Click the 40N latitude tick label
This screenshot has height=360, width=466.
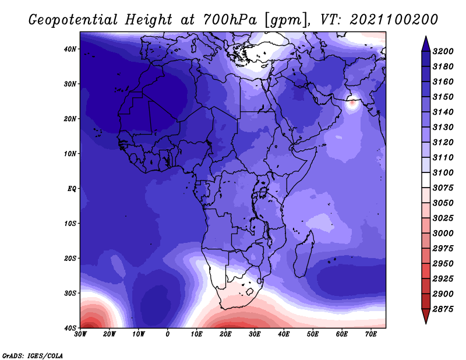70,49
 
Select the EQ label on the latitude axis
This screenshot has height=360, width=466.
72,189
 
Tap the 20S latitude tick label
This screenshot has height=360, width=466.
70,258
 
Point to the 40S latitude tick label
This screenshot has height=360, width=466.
70,328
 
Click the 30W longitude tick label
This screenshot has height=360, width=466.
80,334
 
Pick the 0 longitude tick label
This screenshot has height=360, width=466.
168,334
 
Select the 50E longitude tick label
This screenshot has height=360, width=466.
313,334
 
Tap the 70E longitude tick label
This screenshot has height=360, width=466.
371,334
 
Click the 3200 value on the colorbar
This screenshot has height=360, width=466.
443,51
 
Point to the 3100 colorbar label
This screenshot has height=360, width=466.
443,172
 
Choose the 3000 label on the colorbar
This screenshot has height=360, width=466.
443,234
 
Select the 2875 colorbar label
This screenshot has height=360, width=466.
443,309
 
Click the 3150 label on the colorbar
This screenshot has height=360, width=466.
443,97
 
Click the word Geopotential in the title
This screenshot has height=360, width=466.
73,20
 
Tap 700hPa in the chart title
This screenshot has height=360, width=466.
230,20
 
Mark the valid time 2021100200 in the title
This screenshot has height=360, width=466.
394,20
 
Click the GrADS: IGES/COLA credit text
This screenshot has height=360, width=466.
33,355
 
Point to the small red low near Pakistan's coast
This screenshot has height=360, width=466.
352,103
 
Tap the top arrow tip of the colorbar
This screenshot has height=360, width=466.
426,37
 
